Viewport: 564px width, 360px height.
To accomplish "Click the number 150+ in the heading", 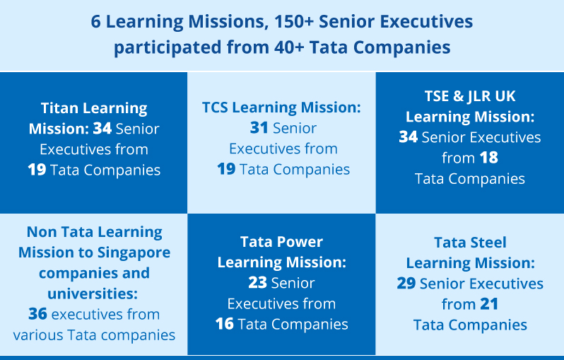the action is pyautogui.click(x=294, y=22).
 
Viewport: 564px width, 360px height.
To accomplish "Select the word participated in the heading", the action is pyautogui.click(x=168, y=48).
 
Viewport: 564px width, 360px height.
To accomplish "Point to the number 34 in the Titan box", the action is pyautogui.click(x=102, y=129).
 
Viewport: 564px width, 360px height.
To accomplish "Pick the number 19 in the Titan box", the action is pyautogui.click(x=37, y=170).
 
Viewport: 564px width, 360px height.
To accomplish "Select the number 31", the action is pyautogui.click(x=259, y=128).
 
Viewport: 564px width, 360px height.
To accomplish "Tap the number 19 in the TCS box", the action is pyautogui.click(x=226, y=169).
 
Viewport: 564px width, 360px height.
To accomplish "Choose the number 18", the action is pyautogui.click(x=489, y=158).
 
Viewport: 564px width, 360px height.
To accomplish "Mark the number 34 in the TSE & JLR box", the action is pyautogui.click(x=409, y=137).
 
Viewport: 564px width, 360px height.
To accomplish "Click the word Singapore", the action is pyautogui.click(x=134, y=253).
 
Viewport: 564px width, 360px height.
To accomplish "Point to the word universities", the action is pyautogui.click(x=93, y=294).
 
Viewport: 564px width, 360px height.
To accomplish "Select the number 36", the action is pyautogui.click(x=37, y=314).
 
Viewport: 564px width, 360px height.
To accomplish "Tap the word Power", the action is pyautogui.click(x=301, y=242).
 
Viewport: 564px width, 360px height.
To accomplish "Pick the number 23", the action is pyautogui.click(x=257, y=283).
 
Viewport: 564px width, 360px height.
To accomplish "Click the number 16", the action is pyautogui.click(x=225, y=324).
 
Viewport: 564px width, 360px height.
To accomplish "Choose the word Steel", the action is pyautogui.click(x=490, y=243).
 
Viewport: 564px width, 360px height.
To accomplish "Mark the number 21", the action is pyautogui.click(x=489, y=304).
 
